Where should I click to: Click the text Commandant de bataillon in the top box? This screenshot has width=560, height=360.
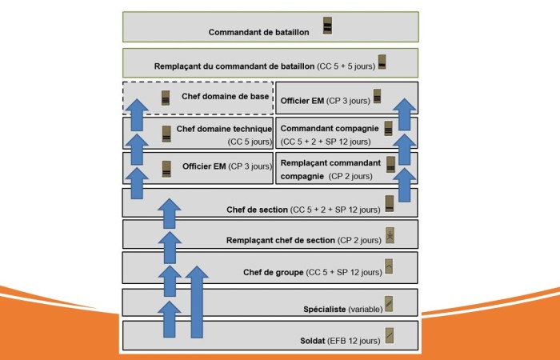[258, 33]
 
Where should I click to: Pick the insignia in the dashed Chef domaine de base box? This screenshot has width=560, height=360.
[166, 98]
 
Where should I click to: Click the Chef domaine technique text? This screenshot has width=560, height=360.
[224, 128]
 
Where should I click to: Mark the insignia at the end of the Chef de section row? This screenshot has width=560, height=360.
[390, 203]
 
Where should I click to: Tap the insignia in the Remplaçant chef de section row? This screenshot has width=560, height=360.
[390, 235]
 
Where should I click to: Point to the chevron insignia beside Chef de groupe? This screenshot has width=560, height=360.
[390, 267]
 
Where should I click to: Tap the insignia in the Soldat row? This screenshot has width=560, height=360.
[390, 334]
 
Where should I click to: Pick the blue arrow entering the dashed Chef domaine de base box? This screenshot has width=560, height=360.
[138, 112]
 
